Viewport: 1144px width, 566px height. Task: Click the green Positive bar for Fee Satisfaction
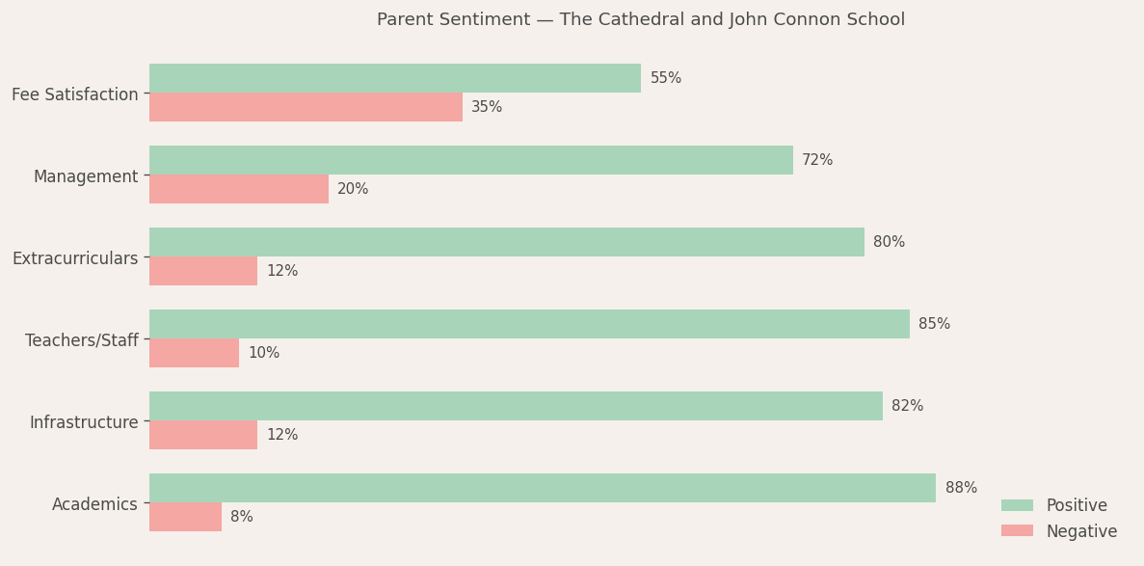point(395,78)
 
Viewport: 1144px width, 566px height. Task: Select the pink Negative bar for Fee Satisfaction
point(306,107)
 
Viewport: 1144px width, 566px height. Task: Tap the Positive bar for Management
point(471,160)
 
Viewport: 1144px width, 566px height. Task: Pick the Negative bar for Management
point(239,189)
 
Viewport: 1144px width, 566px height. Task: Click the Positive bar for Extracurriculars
point(507,242)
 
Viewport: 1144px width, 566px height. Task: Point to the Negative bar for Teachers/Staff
point(194,353)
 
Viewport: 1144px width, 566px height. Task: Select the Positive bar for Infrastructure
point(516,406)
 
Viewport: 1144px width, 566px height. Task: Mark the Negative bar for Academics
point(185,517)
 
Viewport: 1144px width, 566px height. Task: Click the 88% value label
point(961,488)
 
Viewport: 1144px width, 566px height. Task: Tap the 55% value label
point(666,78)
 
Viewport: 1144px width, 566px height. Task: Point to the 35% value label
point(487,107)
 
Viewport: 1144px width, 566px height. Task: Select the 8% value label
point(242,517)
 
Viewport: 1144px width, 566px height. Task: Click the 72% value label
point(817,160)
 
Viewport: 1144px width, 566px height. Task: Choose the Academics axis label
point(94,504)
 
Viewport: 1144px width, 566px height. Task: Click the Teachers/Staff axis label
point(82,340)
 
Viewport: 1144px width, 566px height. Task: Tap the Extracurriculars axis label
point(75,258)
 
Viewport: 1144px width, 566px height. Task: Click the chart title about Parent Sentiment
point(641,20)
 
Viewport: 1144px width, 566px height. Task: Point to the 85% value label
point(934,324)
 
